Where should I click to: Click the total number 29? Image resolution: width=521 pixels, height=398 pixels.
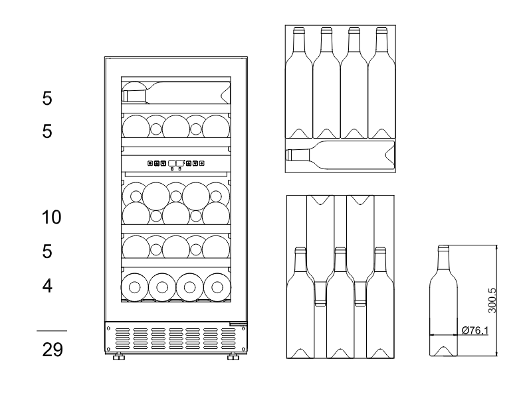pyautogui.click(x=52, y=350)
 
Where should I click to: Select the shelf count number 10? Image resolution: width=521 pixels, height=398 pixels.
pyautogui.click(x=52, y=218)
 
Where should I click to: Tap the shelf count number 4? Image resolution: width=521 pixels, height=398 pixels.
pyautogui.click(x=47, y=285)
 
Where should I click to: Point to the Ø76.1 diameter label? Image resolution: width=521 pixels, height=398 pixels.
pyautogui.click(x=475, y=330)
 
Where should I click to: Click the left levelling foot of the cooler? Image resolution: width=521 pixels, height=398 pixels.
pyautogui.click(x=118, y=357)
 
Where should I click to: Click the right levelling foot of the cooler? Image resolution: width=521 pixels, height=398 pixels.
pyautogui.click(x=233, y=357)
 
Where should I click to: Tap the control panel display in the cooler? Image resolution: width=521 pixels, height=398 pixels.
pyautogui.click(x=176, y=163)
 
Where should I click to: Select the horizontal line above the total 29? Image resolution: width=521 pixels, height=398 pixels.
pyautogui.click(x=52, y=330)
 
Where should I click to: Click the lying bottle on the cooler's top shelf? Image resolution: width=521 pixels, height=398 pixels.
pyautogui.click(x=176, y=93)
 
